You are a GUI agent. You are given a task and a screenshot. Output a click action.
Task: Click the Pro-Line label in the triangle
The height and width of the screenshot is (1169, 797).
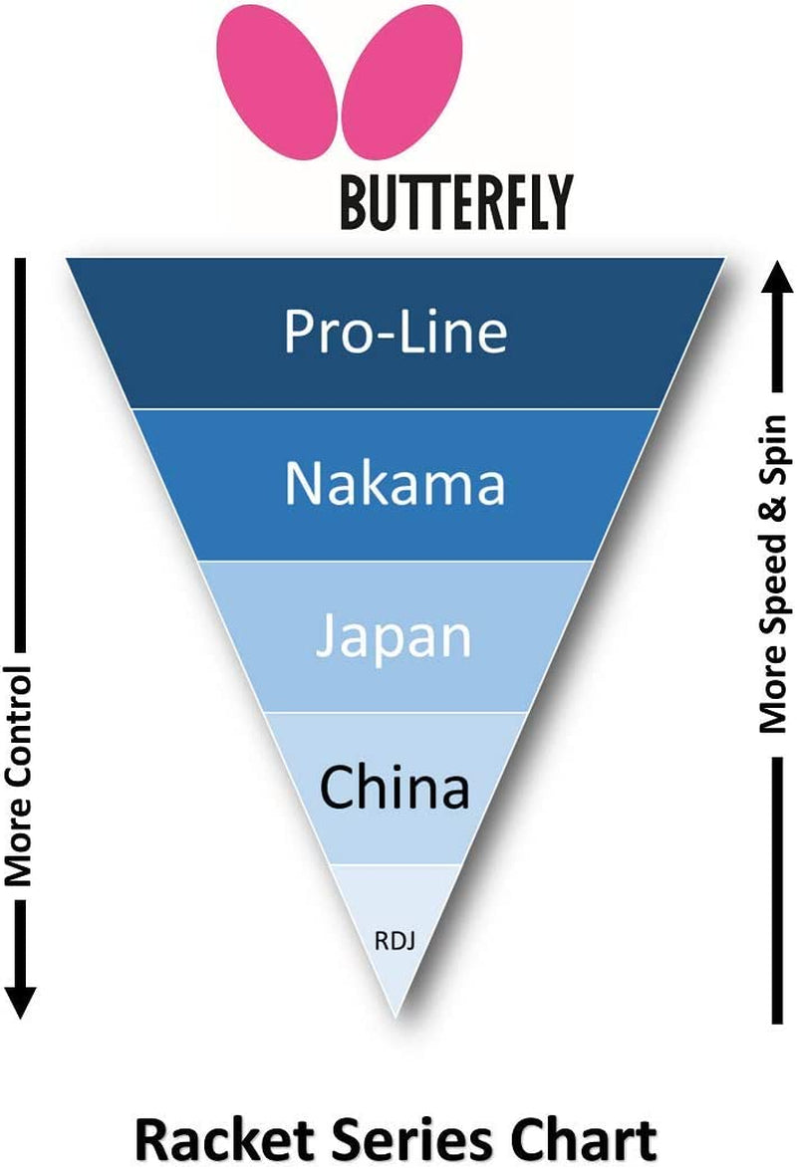pyautogui.click(x=396, y=332)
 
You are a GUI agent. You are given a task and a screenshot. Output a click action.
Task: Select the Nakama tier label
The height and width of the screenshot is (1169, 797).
pyautogui.click(x=396, y=484)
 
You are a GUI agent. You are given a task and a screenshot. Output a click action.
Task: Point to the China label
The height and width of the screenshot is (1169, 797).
pyautogui.click(x=395, y=789)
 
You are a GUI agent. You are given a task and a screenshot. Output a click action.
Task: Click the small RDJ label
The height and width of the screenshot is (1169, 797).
pyautogui.click(x=396, y=938)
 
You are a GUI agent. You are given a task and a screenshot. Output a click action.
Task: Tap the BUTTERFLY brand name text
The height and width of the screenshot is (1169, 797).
pyautogui.click(x=456, y=202)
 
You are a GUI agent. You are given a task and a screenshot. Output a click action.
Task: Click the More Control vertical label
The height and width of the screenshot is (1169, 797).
pyautogui.click(x=20, y=776)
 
